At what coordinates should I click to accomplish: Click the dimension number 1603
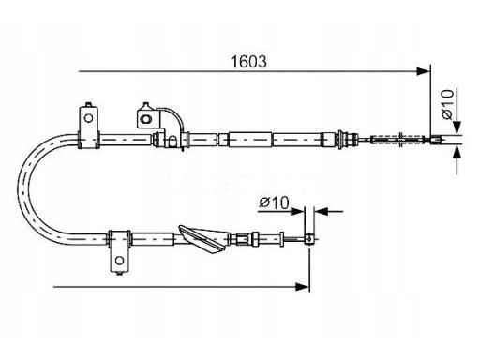tap(248, 62)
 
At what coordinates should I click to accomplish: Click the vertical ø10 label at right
tap(447, 104)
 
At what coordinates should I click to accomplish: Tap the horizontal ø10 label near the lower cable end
tap(274, 202)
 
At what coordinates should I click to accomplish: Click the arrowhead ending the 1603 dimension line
tap(424, 71)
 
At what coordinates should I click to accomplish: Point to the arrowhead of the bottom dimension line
tap(303, 286)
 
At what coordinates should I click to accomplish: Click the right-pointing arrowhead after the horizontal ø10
tap(297, 211)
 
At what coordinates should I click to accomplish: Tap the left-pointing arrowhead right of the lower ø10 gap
tap(321, 211)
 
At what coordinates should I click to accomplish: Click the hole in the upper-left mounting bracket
tap(89, 118)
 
